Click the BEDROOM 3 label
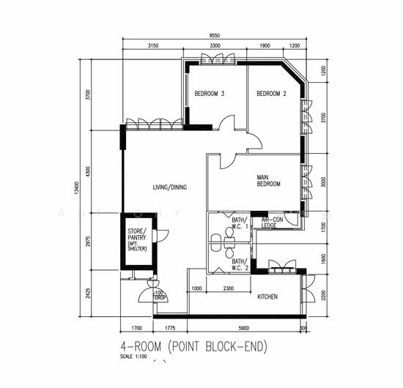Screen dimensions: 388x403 point(209,94)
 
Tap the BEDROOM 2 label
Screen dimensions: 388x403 point(271,94)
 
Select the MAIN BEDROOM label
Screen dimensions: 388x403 point(268,181)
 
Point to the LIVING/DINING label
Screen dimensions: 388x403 point(169,187)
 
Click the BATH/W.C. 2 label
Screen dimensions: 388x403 point(239,264)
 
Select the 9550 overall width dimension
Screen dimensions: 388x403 point(214,34)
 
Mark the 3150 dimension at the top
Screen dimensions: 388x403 point(153,45)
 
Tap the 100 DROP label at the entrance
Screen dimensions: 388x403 point(160,296)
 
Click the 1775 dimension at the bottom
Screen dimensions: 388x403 point(170,329)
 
